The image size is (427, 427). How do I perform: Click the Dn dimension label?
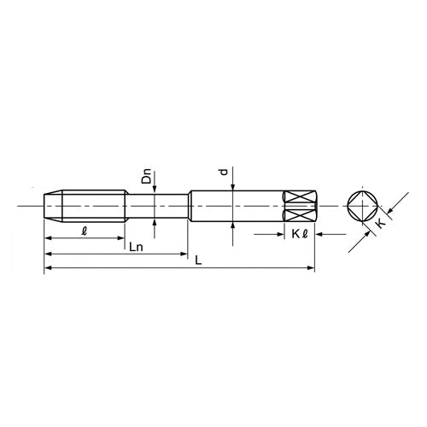click(147, 177)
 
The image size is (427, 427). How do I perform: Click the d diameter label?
click(225, 172)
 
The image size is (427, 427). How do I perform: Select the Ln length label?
click(136, 247)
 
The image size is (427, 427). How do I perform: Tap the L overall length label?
click(198, 260)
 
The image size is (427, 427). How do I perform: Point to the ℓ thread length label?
click(84, 231)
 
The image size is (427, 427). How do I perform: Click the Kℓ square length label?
click(300, 234)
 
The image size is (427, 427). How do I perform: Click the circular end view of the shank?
click(363, 206)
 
